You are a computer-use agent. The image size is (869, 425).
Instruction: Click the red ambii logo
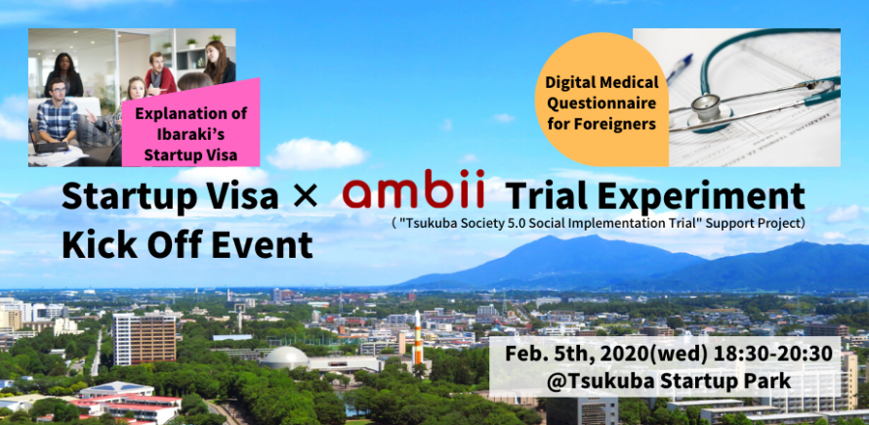pos(413,189)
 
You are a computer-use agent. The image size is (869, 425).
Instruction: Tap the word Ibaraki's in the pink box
pos(190,135)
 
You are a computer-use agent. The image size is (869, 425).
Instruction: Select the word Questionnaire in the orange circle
pos(601,104)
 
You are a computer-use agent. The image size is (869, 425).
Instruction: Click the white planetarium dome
pos(285,358)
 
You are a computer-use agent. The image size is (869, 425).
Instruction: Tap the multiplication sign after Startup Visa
pos(305,197)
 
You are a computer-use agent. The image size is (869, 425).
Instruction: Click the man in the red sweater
pos(160,72)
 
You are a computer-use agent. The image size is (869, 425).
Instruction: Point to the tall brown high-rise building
pos(145,338)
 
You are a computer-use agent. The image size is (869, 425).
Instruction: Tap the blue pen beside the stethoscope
pos(680,68)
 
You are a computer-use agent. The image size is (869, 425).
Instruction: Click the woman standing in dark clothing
pos(63,74)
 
